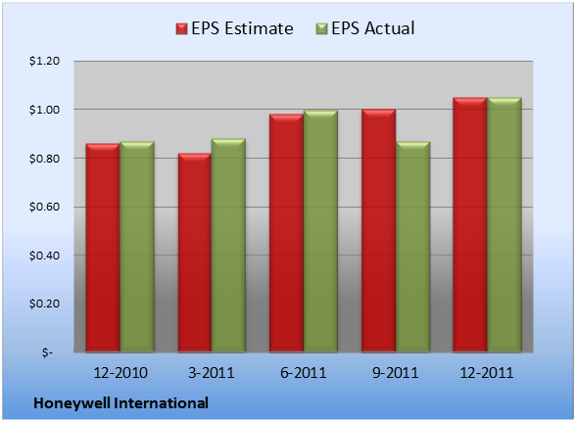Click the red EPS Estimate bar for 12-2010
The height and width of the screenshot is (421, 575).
[x=103, y=248]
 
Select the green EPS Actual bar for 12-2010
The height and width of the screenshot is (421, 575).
[x=137, y=247]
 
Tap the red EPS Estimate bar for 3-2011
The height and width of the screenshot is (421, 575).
[x=195, y=253]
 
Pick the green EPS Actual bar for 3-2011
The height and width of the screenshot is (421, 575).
[x=228, y=245]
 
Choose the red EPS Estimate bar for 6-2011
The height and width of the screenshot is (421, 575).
[x=286, y=233]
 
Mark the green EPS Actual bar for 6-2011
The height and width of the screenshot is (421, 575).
[x=320, y=231]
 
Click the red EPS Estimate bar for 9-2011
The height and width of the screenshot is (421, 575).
[x=378, y=230]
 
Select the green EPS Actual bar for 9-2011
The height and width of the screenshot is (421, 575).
[x=413, y=247]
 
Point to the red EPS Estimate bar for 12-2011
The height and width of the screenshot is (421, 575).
[x=470, y=224]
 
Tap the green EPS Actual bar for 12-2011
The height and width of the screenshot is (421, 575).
[x=504, y=224]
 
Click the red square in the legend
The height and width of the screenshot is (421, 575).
[x=181, y=29]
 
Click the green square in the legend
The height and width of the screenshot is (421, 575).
[x=321, y=29]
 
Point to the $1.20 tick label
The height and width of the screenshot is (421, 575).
[x=44, y=61]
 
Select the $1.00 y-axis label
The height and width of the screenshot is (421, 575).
[x=44, y=110]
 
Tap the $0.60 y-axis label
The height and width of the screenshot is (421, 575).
[x=44, y=207]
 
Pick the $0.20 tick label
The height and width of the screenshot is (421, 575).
[x=44, y=304]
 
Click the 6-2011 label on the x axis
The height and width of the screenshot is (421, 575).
[x=304, y=373]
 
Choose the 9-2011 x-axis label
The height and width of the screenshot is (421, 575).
[x=396, y=373]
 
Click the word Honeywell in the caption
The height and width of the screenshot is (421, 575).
[x=72, y=403]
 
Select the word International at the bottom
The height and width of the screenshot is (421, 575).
[x=162, y=403]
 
